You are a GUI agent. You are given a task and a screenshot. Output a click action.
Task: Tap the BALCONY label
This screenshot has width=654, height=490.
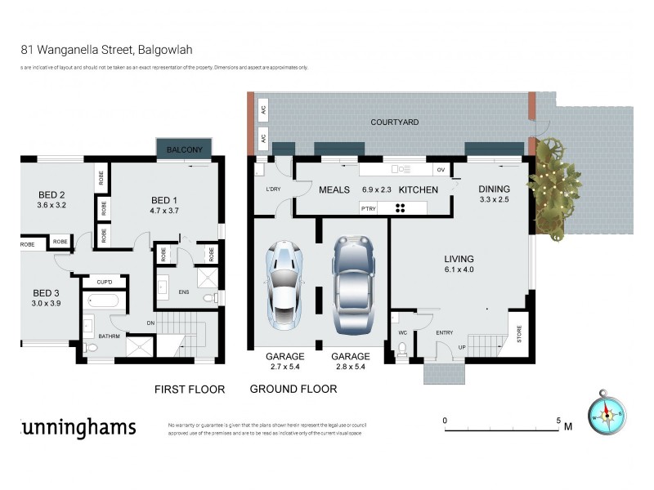point(185,150)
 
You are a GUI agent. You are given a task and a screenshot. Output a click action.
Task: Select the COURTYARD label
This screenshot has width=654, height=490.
point(394,122)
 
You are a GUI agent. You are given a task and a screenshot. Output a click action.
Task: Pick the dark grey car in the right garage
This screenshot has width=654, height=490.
point(352,283)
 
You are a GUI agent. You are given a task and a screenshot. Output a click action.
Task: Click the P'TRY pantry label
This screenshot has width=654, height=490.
point(369,207)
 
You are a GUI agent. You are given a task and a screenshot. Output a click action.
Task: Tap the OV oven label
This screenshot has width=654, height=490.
point(441,170)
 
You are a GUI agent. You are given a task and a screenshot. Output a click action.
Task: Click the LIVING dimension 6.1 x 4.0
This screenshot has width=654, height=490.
point(458,269)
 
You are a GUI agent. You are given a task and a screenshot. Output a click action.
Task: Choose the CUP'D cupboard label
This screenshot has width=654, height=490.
point(104,283)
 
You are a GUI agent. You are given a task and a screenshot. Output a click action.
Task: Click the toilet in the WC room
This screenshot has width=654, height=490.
point(401,350)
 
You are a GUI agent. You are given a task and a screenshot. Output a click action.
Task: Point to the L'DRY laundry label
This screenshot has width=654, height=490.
point(272,189)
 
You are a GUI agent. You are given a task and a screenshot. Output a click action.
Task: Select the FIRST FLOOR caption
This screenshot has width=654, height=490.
point(189,390)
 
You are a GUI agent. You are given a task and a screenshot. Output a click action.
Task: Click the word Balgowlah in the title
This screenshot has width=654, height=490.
point(166,49)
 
